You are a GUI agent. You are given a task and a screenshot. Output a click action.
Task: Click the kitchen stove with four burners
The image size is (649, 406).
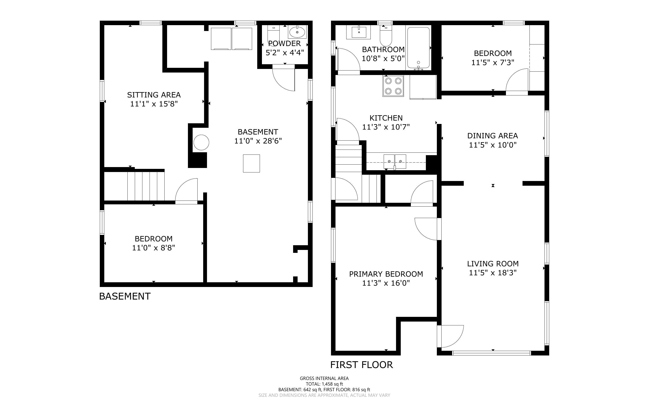[393, 86]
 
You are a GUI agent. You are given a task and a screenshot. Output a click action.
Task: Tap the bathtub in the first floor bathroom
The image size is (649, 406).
[418, 48]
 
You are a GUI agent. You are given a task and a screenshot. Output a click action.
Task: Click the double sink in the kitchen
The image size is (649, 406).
[395, 162]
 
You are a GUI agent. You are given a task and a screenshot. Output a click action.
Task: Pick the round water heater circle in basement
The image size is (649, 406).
[201, 142]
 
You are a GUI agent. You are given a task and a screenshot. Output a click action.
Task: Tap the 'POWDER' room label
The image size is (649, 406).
[284, 43]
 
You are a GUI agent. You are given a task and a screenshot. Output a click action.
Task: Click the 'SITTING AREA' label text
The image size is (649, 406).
[154, 95]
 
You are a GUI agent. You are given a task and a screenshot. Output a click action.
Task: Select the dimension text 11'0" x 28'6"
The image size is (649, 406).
[258, 141]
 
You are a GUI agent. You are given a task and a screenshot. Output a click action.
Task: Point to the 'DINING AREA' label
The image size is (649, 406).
[492, 136]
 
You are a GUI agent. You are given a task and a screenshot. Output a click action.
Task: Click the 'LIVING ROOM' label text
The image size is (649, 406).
[493, 264]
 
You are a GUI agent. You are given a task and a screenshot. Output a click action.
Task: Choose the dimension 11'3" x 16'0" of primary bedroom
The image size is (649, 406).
[386, 283]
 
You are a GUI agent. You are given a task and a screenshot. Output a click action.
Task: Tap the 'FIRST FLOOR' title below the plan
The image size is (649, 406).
[361, 365]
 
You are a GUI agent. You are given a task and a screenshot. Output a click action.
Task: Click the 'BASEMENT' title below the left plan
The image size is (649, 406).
[125, 296]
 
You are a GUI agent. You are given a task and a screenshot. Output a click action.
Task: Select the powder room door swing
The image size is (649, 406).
[284, 78]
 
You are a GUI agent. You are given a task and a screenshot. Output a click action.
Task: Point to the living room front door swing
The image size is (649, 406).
[450, 336]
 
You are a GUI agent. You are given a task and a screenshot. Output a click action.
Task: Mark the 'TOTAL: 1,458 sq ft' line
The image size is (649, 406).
[324, 384]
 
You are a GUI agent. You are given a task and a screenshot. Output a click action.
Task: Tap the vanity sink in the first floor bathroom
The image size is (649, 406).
[359, 32]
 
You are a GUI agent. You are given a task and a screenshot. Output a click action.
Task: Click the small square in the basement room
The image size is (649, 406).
[251, 163]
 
